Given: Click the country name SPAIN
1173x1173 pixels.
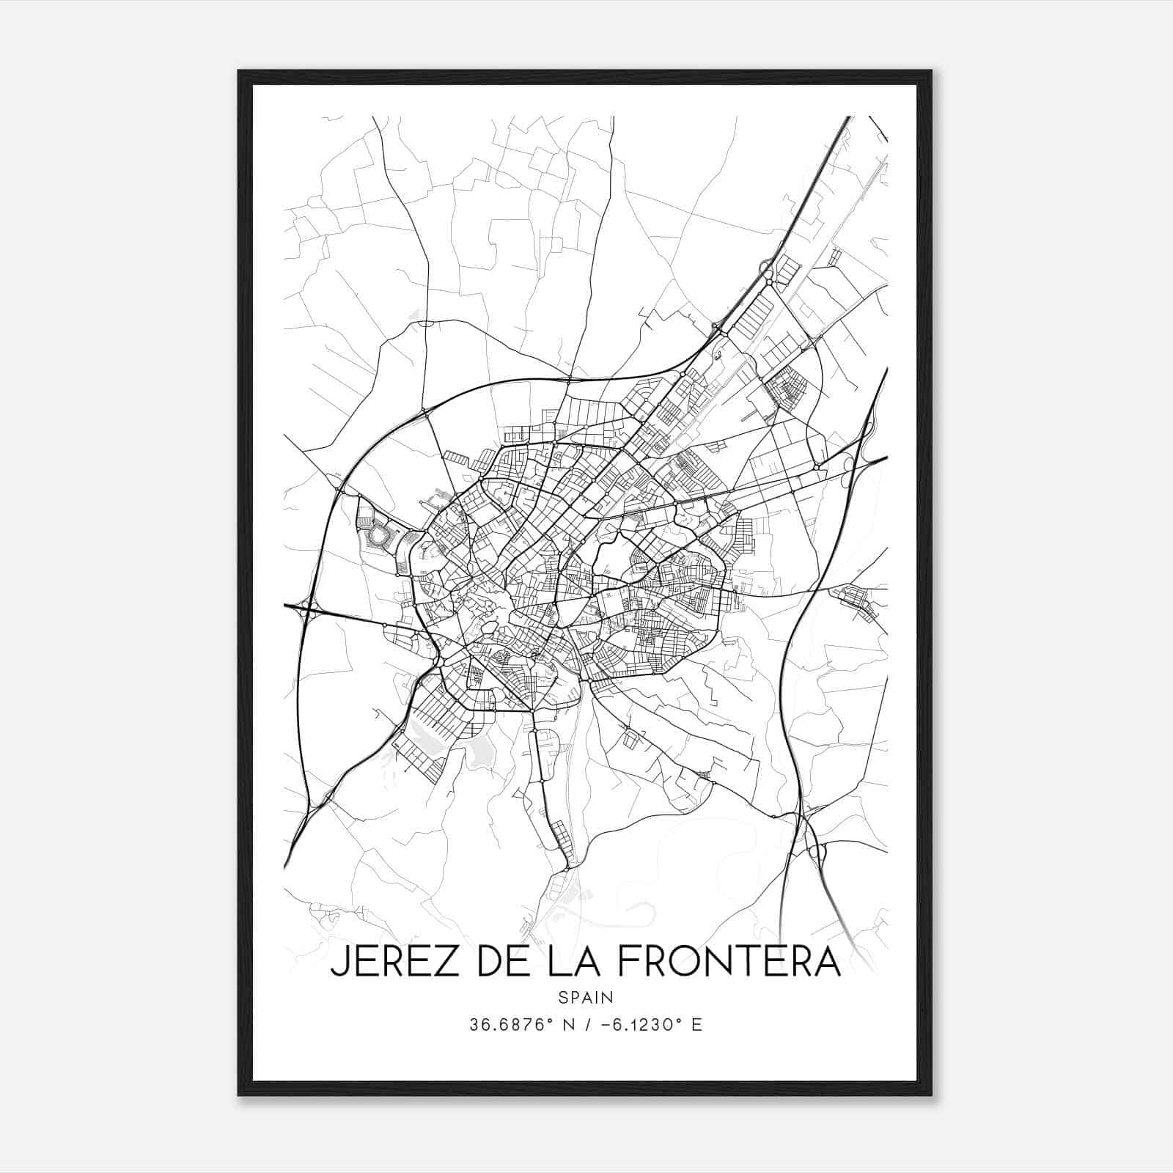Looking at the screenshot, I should point(585,997).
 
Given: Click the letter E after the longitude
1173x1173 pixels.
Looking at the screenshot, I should point(696,1025).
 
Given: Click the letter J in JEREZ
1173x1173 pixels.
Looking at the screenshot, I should point(338,962).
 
